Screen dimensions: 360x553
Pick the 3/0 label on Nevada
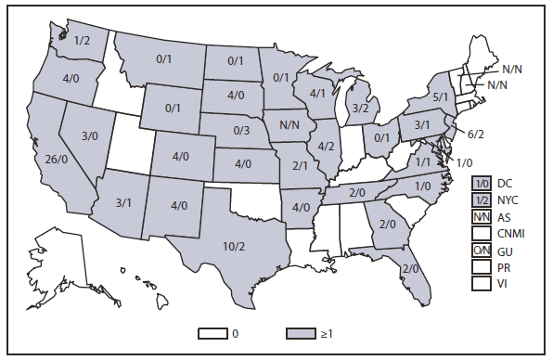90,135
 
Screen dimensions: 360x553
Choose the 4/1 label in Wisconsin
316,93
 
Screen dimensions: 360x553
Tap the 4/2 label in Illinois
326,146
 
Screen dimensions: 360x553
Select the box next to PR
481,266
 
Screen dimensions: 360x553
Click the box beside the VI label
481,283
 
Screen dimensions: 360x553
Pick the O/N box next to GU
481,250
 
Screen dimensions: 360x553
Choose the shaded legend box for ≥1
303,330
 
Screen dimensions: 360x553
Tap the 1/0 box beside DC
481,183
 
